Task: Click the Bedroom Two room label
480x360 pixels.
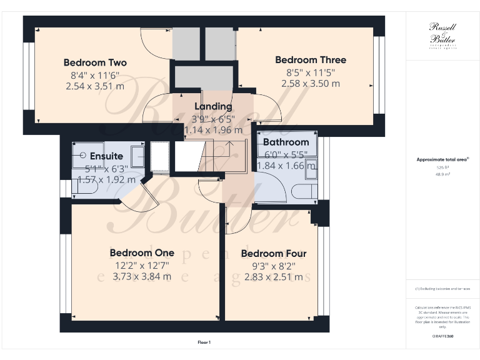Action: pos(95,62)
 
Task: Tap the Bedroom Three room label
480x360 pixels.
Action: pos(311,60)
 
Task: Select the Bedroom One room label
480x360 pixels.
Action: pos(141,252)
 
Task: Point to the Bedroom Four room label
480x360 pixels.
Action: pos(273,254)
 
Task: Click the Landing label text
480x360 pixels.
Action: pos(213,106)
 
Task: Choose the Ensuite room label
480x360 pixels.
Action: pos(106,156)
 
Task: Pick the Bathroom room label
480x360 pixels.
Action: pos(286,142)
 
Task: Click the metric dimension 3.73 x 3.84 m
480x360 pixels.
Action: pos(141,277)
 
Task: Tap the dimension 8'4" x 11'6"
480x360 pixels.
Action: pos(95,75)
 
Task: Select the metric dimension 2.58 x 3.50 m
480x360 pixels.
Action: pos(311,83)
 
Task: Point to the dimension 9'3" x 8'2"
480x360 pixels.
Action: pos(273,266)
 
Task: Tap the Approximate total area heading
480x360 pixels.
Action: pos(442,160)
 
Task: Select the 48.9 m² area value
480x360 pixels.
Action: pos(443,174)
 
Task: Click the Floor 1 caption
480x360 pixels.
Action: pos(204,342)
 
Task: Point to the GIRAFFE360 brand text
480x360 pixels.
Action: pos(443,336)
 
